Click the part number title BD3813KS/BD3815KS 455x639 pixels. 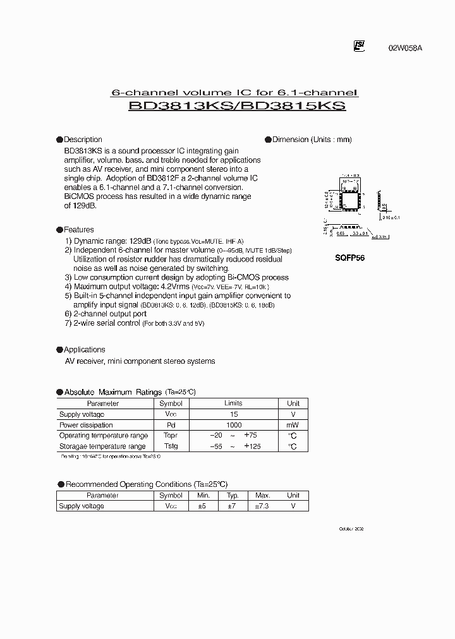coord(237,107)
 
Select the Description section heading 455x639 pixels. coord(83,140)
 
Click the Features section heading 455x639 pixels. coord(79,230)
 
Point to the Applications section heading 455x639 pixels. coord(85,349)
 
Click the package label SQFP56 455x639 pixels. coord(349,258)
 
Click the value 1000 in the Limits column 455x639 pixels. coord(233,425)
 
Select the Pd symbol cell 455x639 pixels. coord(171,425)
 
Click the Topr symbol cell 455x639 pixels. coord(171,436)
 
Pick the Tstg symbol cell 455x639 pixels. coord(171,446)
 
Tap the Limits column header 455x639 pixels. coord(233,403)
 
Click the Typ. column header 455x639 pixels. coord(233,496)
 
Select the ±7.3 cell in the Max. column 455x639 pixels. coord(263,506)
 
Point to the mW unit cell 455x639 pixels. coord(293,425)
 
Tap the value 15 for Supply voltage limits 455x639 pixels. coord(233,414)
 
